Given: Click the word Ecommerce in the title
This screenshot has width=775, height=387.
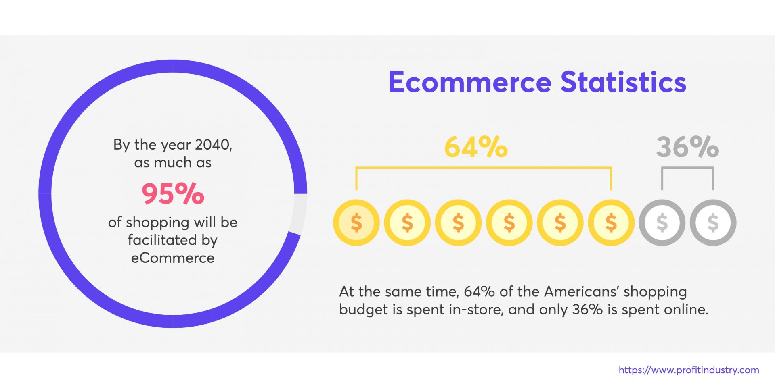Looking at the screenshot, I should coord(469,82).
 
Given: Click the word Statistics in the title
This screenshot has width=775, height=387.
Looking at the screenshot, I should coord(623,82).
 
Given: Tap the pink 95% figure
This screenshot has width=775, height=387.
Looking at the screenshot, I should coord(173,194).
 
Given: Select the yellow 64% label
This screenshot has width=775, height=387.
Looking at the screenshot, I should coord(476,147).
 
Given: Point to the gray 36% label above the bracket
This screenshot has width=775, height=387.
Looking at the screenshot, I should coord(687,147).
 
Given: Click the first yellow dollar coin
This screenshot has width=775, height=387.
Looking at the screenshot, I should coord(356,223).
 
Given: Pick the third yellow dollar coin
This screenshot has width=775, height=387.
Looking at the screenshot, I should coord(458,223).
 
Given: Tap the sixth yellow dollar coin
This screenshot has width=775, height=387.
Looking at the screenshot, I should coord(611,223).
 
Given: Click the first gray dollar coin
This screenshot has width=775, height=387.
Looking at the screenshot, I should coord(662,223).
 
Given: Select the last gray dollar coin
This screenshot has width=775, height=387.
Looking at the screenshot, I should coord(713,223).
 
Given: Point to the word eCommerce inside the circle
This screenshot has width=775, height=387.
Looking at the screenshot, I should coord(173,258).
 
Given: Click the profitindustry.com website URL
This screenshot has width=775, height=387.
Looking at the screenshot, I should coord(689,370).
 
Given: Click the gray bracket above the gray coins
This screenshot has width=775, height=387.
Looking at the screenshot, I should coord(687,168).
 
